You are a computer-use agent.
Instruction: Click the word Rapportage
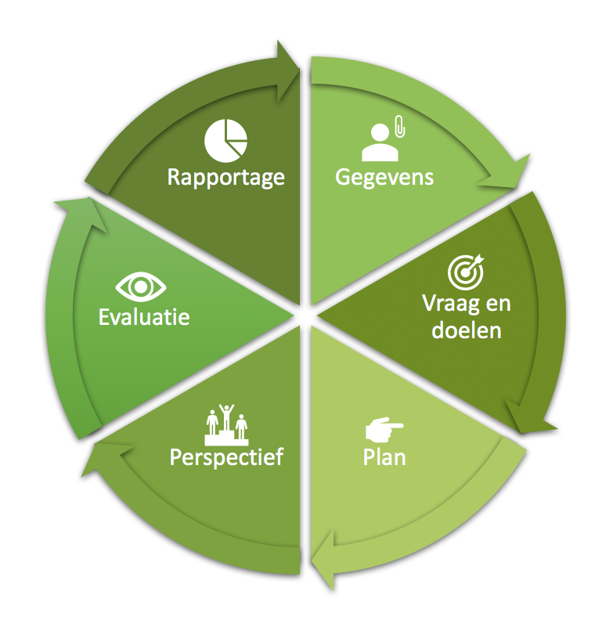(x=225, y=177)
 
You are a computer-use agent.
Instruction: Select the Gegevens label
(x=384, y=177)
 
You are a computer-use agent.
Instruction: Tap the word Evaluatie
(x=144, y=317)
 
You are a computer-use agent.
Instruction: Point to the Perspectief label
(x=225, y=456)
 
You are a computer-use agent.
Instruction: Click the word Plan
(x=384, y=456)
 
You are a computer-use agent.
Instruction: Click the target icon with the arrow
(x=466, y=271)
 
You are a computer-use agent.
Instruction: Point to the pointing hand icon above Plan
(x=384, y=429)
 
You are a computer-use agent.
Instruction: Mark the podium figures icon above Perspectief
(x=226, y=422)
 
